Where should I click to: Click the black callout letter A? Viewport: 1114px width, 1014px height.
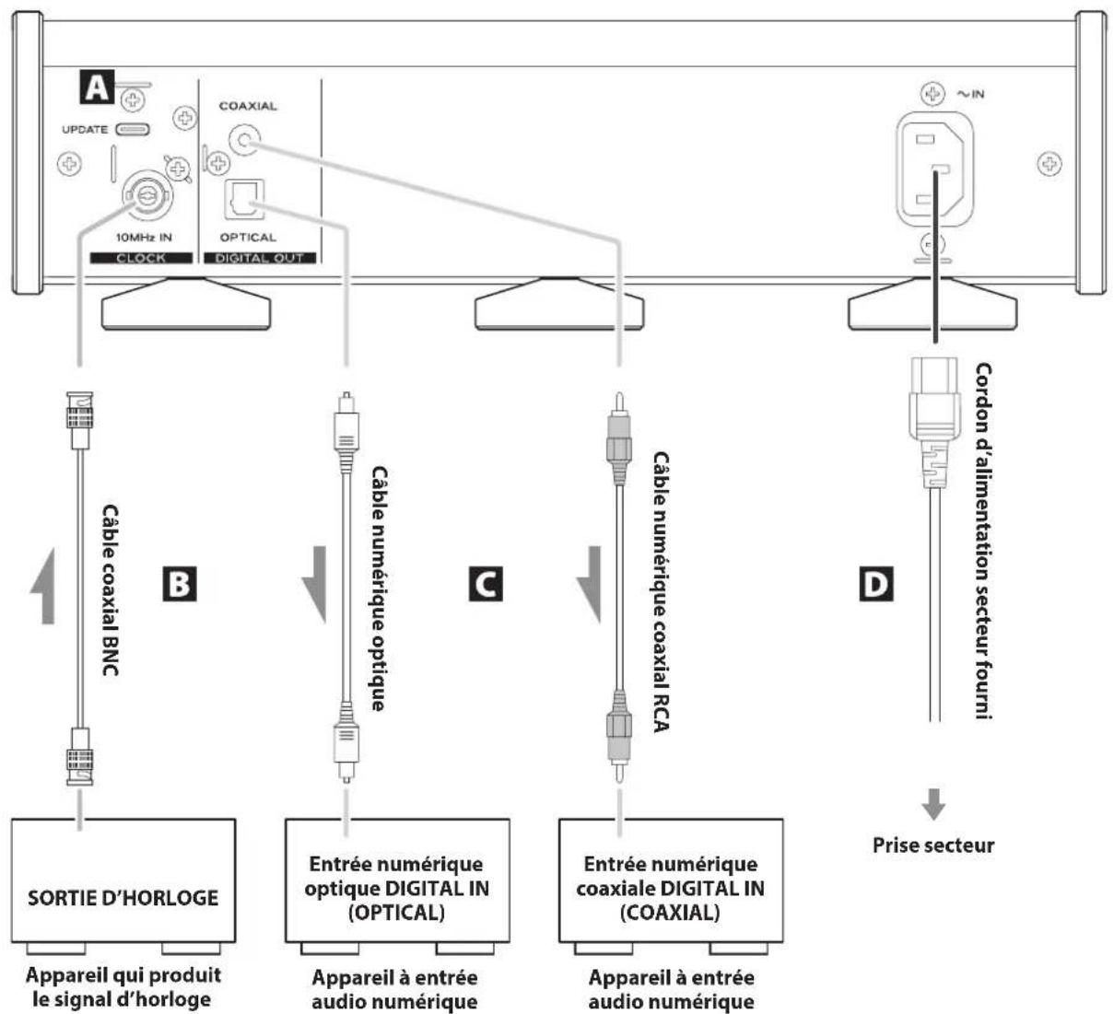[x=97, y=87]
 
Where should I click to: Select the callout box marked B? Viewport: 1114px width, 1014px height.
[x=180, y=584]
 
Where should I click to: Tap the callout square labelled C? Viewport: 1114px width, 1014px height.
[x=486, y=584]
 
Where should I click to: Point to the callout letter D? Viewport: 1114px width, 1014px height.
[x=876, y=584]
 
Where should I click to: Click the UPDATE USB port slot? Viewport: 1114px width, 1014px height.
[x=133, y=129]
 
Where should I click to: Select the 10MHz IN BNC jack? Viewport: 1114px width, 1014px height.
[x=147, y=195]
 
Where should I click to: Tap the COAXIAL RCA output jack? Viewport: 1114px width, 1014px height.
[x=244, y=139]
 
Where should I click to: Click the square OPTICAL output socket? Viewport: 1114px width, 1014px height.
[x=244, y=199]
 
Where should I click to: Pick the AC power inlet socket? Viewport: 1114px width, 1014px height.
[x=935, y=169]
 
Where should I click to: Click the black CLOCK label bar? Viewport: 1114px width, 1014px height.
[x=141, y=258]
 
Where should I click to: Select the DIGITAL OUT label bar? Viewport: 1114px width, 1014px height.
[x=260, y=258]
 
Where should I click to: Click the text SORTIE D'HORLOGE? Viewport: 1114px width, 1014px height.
[x=123, y=898]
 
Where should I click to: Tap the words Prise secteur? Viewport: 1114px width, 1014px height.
[x=933, y=845]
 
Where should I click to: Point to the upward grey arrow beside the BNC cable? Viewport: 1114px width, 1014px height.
[x=44, y=586]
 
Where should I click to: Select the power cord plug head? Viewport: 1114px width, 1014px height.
[x=935, y=422]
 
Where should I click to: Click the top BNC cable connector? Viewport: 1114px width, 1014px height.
[x=79, y=419]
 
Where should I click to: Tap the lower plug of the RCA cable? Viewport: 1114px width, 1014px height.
[x=619, y=736]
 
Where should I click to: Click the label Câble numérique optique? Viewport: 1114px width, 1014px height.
[x=380, y=589]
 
